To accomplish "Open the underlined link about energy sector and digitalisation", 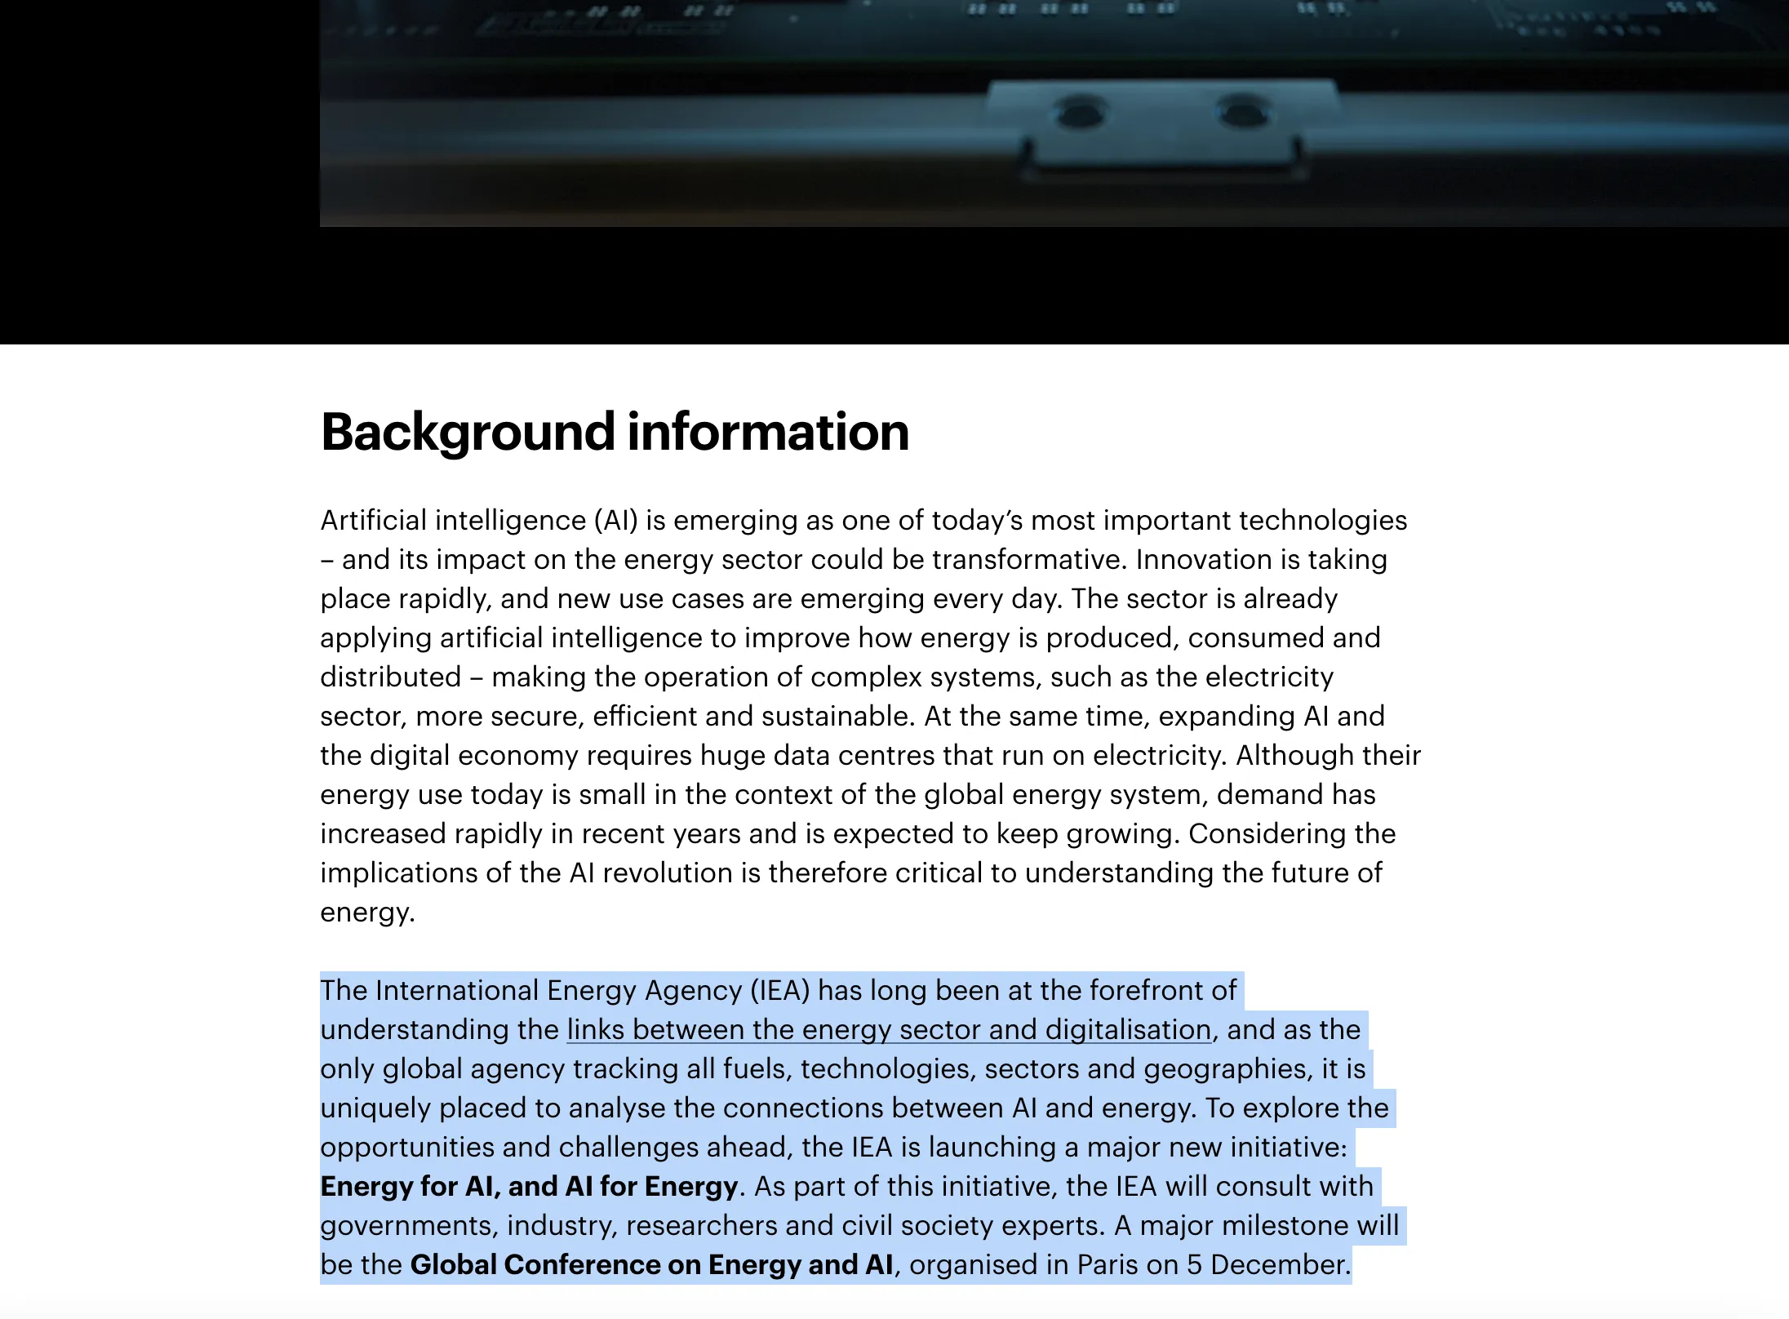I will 889,1030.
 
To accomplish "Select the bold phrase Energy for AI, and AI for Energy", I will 529,1187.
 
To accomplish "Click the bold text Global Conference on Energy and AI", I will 651,1265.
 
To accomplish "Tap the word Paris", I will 1108,1265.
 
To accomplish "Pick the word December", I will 1279,1265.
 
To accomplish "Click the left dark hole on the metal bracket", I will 1080,112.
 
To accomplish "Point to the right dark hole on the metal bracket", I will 1242,111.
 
